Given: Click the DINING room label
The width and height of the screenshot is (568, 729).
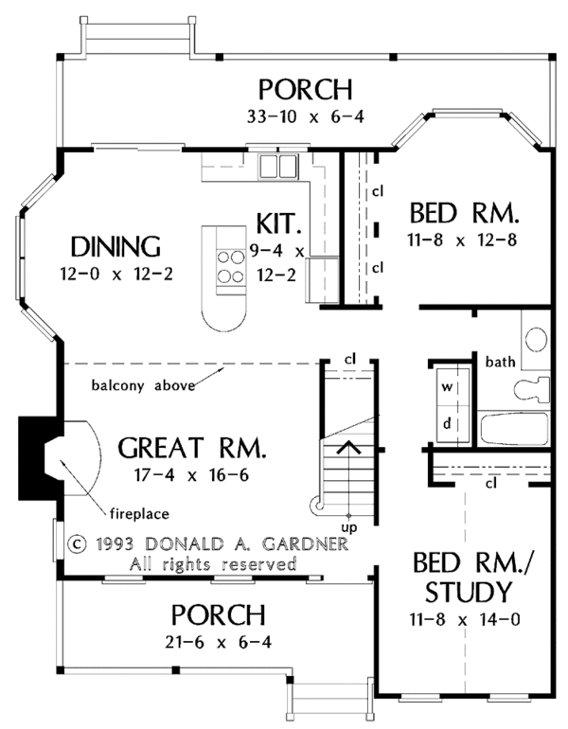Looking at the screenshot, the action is [x=115, y=247].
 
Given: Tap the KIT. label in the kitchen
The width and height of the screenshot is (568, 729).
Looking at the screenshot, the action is [x=278, y=223].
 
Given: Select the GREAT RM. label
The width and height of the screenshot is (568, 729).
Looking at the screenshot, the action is [x=192, y=448].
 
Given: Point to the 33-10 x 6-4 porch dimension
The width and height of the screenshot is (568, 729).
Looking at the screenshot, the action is [x=306, y=116].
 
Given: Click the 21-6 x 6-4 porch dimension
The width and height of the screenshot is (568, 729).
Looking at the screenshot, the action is [x=219, y=643].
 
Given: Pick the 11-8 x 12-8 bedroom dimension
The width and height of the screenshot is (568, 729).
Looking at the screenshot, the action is [x=462, y=240].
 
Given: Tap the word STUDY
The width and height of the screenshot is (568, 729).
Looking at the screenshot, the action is [x=468, y=592].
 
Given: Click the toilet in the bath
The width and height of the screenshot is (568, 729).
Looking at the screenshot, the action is [x=533, y=390].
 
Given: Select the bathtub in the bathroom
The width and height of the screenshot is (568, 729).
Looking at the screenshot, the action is [x=514, y=429].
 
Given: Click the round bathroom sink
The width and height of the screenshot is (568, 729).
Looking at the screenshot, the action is [x=536, y=339].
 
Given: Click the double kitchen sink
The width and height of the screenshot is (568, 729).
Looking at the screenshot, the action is [x=278, y=166].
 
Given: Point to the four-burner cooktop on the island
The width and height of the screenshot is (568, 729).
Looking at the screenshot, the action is [x=231, y=267].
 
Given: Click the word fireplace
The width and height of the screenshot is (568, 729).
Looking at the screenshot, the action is [x=139, y=514].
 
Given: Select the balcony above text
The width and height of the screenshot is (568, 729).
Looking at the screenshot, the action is [x=143, y=385].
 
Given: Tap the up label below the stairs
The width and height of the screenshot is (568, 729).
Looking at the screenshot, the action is [x=349, y=527].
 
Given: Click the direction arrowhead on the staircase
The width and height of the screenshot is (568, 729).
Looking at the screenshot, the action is [x=348, y=447].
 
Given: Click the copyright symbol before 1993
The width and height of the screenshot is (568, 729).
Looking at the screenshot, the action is [x=78, y=543].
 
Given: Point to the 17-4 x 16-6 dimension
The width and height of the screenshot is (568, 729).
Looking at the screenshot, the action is [x=191, y=475].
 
